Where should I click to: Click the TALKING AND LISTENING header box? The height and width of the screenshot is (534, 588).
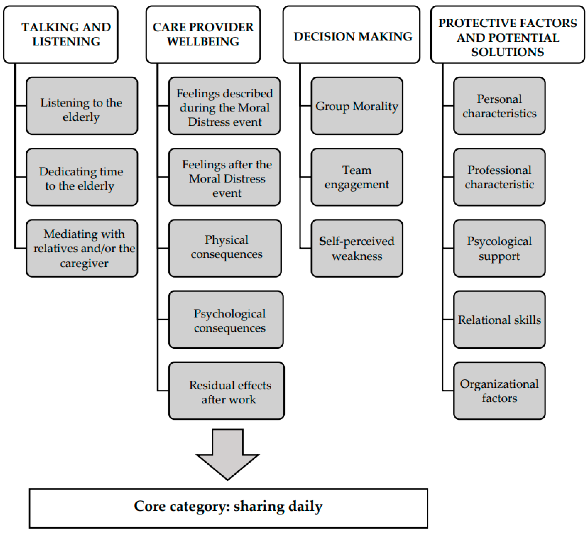(61, 34)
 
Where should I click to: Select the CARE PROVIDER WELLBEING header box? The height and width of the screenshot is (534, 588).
(203, 34)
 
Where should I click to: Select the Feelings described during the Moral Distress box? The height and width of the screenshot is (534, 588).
(225, 106)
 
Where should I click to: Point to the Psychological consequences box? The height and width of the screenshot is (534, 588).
(226, 319)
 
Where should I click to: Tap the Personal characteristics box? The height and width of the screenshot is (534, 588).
(499, 106)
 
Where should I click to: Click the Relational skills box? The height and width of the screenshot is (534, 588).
(499, 319)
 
